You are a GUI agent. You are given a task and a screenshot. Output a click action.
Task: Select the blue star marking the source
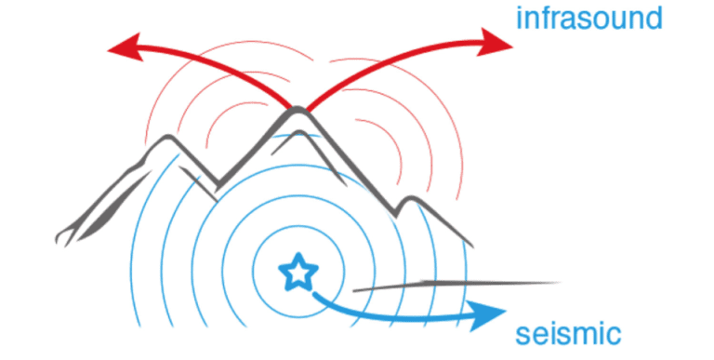(x=297, y=272)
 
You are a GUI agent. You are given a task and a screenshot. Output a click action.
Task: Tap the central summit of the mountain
(x=297, y=111)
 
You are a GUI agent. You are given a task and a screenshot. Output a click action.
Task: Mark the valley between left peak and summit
(x=218, y=184)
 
